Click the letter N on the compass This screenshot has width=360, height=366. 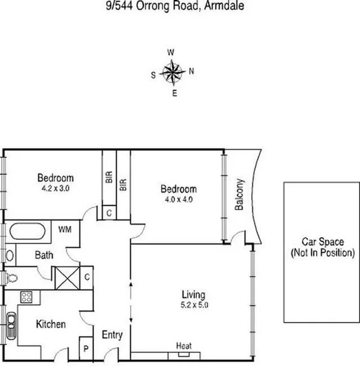point(191,71)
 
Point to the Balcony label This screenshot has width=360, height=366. point(239,196)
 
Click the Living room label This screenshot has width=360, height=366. point(193,294)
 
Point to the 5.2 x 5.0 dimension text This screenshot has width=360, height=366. point(193,305)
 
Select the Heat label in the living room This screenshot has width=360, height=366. point(183,346)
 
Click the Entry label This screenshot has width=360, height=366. point(112,335)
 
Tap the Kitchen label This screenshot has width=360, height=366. point(50,324)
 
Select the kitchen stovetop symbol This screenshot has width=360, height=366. point(27,297)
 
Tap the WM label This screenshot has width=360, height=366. point(65,229)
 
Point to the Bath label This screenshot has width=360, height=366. point(43,255)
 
